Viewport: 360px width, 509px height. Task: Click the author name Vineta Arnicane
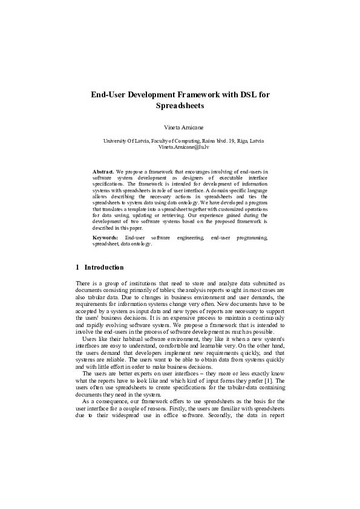[180, 128]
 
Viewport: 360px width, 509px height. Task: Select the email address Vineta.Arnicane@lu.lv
[180, 147]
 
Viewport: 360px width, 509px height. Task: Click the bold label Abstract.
[102, 172]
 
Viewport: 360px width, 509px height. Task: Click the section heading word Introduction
[104, 267]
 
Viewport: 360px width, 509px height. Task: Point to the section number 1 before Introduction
[77, 267]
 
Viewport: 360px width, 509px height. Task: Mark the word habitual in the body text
[125, 339]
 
